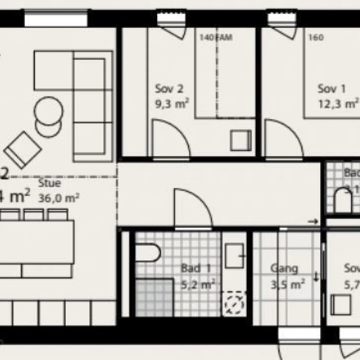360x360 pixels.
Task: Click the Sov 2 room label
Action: pos(169,89)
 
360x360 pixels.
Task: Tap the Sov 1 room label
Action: pos(332,89)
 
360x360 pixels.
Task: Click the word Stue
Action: pos(49,183)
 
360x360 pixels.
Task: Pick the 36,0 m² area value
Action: pos(58,198)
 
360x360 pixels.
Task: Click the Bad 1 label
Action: pos(196,268)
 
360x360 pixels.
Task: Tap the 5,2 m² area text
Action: pos(198,284)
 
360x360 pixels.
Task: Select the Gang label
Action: pos(284,268)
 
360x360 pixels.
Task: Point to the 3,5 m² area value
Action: pos(287,284)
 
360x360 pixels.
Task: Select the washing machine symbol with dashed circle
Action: pos(234,303)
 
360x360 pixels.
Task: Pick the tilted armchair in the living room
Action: pos(22,150)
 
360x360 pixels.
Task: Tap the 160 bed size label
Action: pos(315,37)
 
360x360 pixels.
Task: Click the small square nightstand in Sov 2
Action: pos(240,140)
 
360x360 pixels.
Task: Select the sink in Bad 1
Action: pos(234,255)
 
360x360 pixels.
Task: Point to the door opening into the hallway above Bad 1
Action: pos(193,208)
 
